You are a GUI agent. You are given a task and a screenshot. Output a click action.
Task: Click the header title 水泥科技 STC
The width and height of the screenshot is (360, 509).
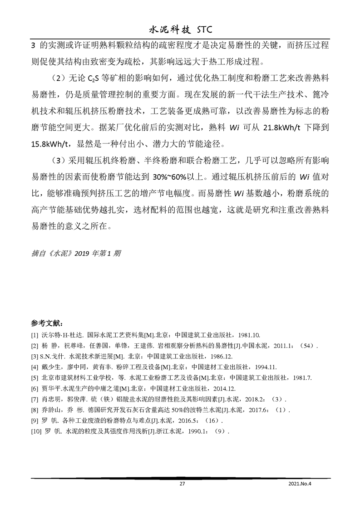[180, 29]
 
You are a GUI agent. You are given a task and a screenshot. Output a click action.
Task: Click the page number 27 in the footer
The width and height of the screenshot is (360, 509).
[182, 484]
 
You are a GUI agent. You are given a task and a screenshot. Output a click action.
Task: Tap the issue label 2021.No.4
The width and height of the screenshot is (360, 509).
[298, 484]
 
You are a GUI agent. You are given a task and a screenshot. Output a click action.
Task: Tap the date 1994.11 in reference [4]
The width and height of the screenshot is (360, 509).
[259, 367]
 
